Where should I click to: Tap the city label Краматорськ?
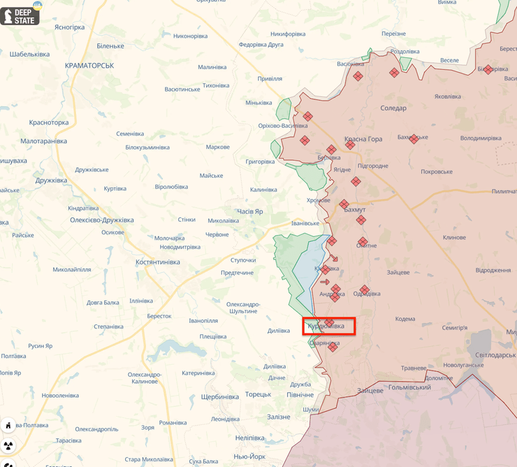point(89,65)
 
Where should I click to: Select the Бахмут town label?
point(355,210)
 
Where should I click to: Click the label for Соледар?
point(393,108)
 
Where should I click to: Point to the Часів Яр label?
point(250,211)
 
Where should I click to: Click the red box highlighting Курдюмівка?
point(329,326)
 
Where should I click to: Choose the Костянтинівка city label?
point(157,262)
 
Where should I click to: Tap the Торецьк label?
point(258,394)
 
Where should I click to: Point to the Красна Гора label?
point(363,139)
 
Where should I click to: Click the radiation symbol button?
point(8,445)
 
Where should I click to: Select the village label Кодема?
point(405,319)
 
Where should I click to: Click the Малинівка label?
point(212,67)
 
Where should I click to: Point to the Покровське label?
point(437,171)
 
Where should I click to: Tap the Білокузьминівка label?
point(147,148)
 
